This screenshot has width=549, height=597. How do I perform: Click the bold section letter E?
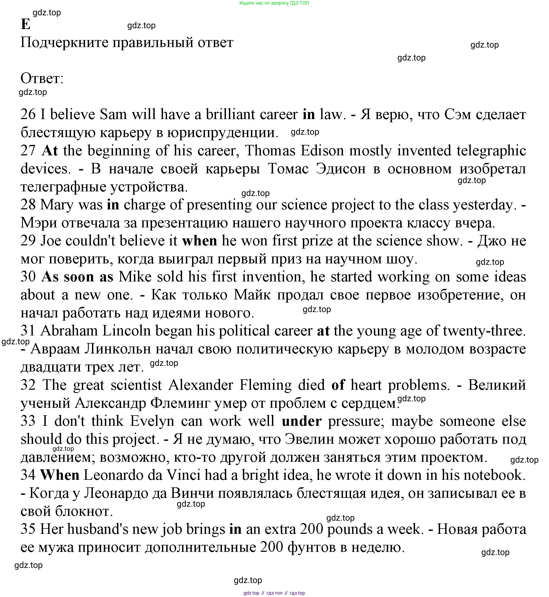pos(26,24)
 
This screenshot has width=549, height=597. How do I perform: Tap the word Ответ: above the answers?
pos(42,79)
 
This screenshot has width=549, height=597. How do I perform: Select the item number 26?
pos(28,115)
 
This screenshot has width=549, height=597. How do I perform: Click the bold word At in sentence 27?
pos(49,151)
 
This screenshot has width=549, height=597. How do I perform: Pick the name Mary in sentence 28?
pos(57,205)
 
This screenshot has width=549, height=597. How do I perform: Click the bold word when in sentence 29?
pos(200,241)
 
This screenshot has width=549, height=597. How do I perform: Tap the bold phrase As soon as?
pos(77,277)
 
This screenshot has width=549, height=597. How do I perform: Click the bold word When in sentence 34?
pos(60,475)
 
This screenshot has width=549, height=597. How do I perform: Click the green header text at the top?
pos(274,3)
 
